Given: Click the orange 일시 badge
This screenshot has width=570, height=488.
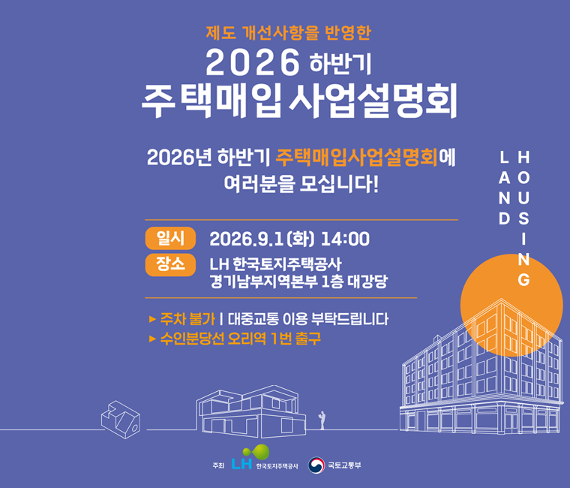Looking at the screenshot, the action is click(170, 238).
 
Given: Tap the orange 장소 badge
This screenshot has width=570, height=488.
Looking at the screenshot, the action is click(170, 264).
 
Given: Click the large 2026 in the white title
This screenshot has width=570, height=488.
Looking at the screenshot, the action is click(253, 63).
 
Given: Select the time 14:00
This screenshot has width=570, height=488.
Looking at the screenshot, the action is click(345, 239).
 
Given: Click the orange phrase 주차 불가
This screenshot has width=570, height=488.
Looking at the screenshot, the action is click(187, 319).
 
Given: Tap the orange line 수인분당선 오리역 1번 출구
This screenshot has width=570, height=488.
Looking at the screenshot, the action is click(240, 339).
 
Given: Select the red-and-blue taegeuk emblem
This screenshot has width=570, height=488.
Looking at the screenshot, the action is click(316, 465).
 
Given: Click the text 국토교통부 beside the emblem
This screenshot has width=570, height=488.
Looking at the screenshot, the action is click(344, 465).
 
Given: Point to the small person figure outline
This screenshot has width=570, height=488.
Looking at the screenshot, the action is click(322, 420).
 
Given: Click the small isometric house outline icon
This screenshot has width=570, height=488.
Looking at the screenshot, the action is click(120, 420).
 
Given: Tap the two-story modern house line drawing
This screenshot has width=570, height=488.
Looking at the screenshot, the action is click(250, 411).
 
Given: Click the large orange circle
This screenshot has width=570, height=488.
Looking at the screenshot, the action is click(511, 306).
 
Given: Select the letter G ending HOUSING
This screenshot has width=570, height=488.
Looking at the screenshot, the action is click(523, 280).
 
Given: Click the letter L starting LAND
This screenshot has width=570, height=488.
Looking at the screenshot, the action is click(504, 158).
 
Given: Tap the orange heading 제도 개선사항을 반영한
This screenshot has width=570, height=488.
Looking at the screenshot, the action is click(288, 33).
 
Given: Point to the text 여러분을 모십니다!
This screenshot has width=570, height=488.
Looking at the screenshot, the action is click(301, 185).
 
